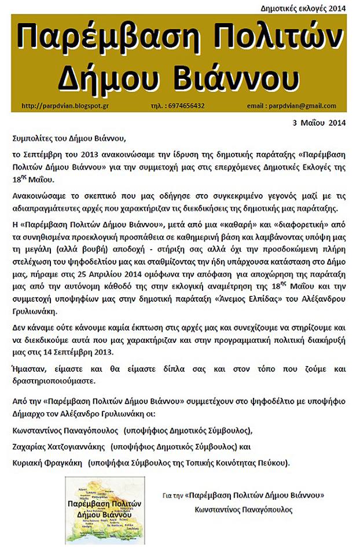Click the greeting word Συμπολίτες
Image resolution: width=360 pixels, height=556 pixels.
[x=34, y=138]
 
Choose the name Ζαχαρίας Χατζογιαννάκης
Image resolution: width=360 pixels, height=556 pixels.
[x=58, y=447]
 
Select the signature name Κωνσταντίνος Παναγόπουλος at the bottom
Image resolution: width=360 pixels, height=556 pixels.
[x=244, y=510]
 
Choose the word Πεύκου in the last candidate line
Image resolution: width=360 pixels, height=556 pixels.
[x=273, y=463]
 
